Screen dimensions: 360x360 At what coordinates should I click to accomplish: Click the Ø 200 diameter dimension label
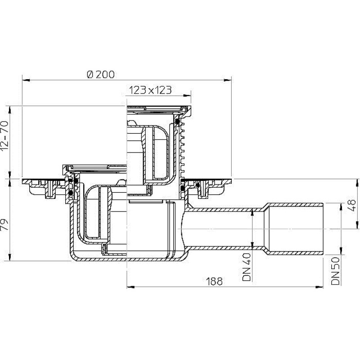pos(101,74)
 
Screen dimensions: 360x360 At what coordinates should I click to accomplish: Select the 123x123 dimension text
pos(150,90)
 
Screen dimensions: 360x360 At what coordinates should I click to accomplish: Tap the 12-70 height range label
pos(4,136)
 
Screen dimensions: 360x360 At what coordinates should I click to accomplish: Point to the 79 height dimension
pos(4,224)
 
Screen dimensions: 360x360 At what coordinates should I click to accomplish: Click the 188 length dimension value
pos(215,281)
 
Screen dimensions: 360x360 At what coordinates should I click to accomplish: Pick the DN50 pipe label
pos(335,271)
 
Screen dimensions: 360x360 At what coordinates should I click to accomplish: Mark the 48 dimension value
pos(352,205)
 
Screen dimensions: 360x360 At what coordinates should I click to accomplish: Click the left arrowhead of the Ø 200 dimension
pos(26,80)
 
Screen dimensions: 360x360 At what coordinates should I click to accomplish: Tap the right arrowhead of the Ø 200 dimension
pos(228,80)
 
